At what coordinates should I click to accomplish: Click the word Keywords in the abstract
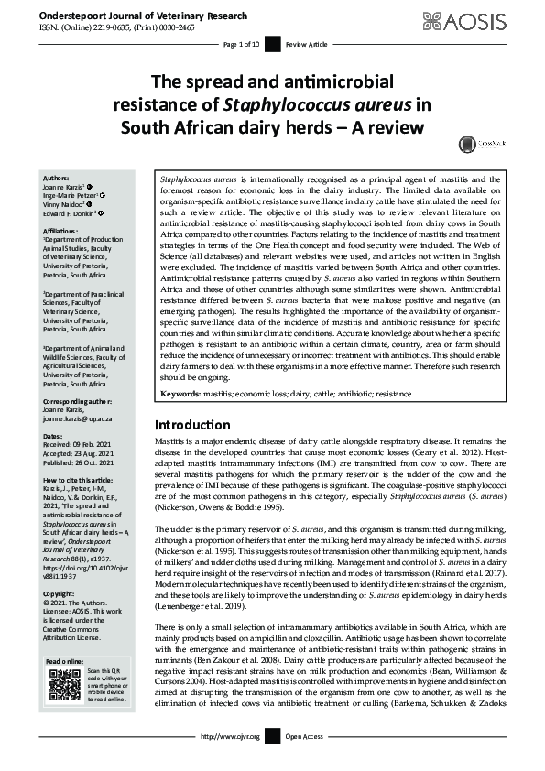[x=182, y=394]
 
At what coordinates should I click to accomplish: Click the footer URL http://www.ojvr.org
[x=230, y=762]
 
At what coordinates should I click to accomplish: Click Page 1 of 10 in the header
[x=242, y=43]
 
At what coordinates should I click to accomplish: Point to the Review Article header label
[x=306, y=43]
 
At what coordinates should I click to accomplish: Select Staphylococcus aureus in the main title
[x=316, y=103]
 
